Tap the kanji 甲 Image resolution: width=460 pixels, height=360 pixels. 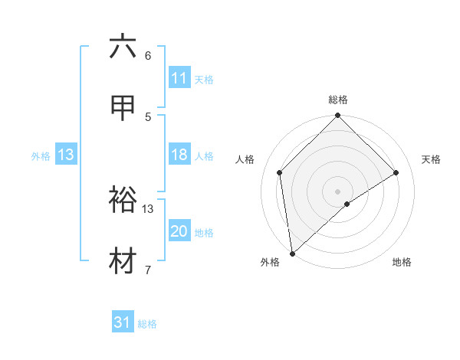point(123,108)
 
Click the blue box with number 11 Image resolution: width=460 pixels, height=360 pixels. point(179,78)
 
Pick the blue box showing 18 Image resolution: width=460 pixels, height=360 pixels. point(179,155)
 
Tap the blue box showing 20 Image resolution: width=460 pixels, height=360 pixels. point(179,232)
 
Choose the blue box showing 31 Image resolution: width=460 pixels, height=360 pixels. point(123,323)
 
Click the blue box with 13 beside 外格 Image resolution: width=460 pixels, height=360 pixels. point(66,155)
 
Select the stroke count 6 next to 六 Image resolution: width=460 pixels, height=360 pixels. point(148,55)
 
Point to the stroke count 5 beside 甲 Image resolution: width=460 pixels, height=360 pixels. point(148,116)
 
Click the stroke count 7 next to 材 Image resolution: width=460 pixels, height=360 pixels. point(148,270)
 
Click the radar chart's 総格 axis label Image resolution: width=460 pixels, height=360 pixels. point(338,100)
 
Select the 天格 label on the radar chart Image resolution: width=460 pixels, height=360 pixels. point(431,159)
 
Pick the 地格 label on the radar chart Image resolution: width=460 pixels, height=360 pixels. point(402,262)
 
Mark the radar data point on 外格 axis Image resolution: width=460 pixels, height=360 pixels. point(292,253)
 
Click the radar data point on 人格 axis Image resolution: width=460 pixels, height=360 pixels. point(280,172)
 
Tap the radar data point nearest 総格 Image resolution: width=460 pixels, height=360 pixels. point(338,116)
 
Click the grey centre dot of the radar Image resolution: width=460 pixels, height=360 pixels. point(338,191)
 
